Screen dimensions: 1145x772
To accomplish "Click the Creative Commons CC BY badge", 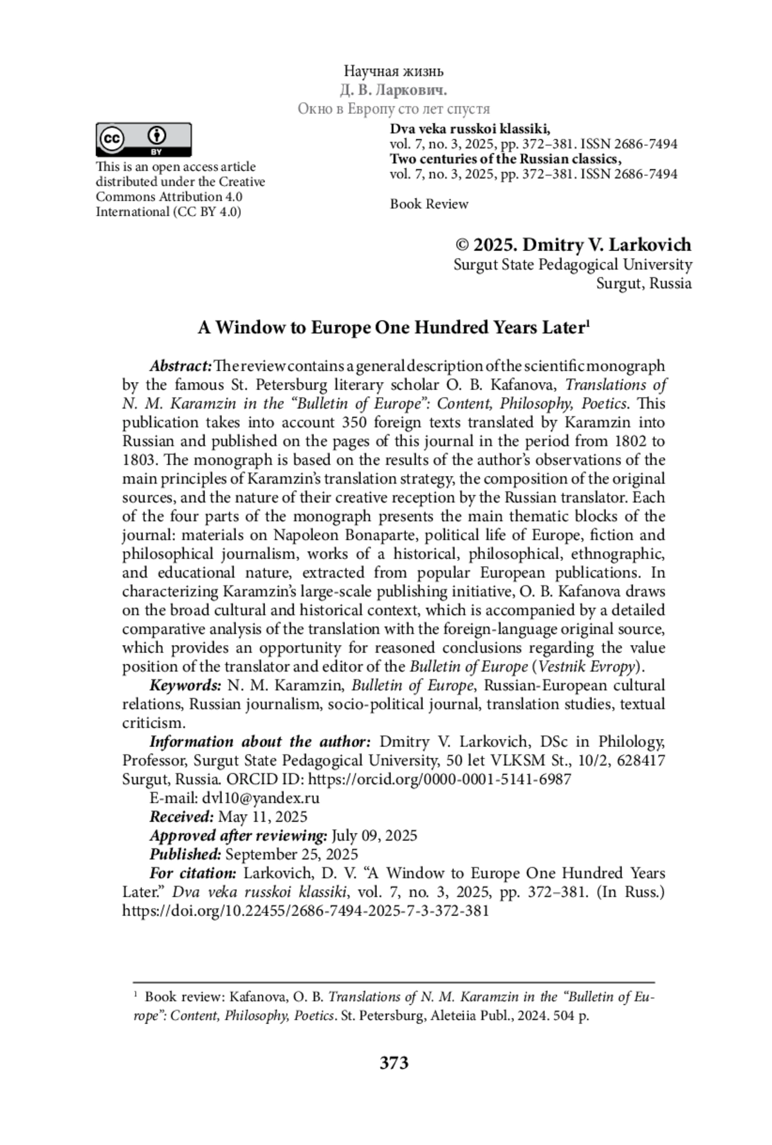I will tap(143, 140).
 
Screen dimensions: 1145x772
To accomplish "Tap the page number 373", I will tap(394, 1063).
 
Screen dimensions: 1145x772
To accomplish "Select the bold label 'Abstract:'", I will tap(181, 366).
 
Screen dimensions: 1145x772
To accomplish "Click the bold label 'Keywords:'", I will tap(185, 685).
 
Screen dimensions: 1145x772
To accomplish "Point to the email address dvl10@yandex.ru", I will tap(261, 798).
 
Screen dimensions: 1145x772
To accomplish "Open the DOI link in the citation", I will tap(306, 911).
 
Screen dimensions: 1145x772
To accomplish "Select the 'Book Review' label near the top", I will tap(429, 204).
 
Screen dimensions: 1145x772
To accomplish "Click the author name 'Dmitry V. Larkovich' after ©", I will tap(607, 245).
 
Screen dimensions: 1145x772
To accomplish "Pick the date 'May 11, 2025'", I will tap(263, 817).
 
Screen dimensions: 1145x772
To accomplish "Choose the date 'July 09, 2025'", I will tap(374, 836).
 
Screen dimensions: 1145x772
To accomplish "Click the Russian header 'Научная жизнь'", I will tap(394, 71).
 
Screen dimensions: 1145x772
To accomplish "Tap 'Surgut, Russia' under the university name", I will tap(644, 284).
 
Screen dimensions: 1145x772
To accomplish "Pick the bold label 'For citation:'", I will tap(193, 873).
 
